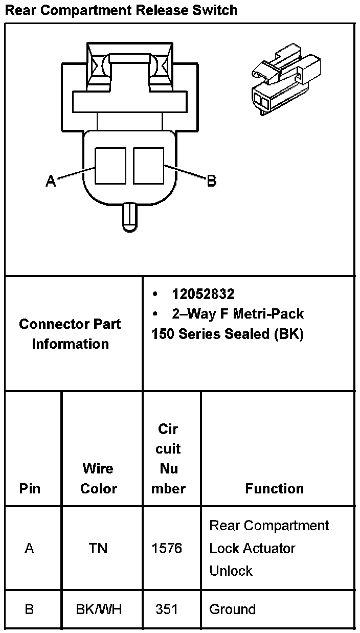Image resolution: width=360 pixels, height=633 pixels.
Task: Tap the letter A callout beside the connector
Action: (x=51, y=181)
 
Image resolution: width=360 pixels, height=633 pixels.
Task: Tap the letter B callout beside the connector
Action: (x=211, y=181)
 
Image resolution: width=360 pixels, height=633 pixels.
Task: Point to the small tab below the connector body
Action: (x=129, y=217)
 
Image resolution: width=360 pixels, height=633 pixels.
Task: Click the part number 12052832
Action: (x=203, y=294)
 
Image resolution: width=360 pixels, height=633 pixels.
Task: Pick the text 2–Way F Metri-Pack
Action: (x=238, y=313)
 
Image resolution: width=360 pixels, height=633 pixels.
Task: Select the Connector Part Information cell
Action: (x=70, y=334)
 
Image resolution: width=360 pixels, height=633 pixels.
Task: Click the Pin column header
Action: (x=30, y=488)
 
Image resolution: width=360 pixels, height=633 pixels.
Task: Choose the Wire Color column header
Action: (x=99, y=478)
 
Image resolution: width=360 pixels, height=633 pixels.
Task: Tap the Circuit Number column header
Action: (x=168, y=459)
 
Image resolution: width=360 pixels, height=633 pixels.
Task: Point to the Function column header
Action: (x=274, y=488)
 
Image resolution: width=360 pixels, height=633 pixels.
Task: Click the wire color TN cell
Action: (x=99, y=548)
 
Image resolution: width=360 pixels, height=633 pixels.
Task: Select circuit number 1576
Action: (x=167, y=548)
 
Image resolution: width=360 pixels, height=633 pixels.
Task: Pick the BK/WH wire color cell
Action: (x=99, y=609)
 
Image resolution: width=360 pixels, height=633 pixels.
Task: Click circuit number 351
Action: (x=167, y=609)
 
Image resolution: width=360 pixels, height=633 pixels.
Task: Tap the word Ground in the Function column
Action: (x=232, y=609)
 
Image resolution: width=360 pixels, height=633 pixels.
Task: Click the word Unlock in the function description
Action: (x=231, y=571)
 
